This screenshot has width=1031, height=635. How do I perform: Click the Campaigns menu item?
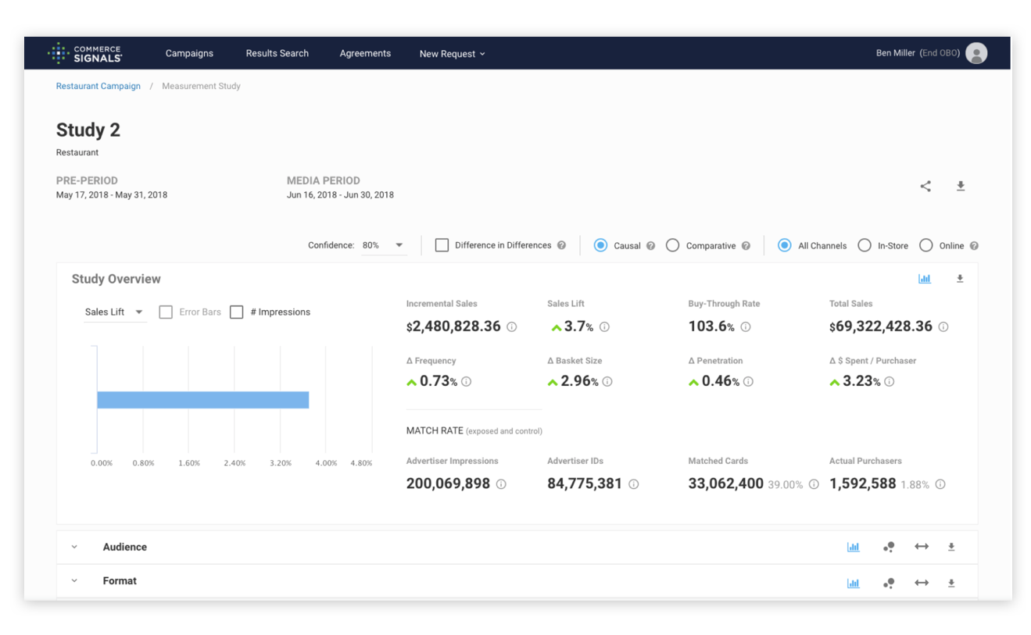pos(189,53)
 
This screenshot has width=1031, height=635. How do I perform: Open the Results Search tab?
pos(277,53)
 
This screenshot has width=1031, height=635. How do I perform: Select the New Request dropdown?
pos(452,54)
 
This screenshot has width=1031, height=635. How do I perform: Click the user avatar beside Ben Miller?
pos(976,53)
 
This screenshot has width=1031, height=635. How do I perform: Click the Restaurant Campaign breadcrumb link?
pos(98,86)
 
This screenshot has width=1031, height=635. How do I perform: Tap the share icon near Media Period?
pos(925,186)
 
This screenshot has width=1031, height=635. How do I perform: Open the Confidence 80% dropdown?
pos(383,245)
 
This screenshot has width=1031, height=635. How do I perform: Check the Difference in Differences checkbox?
pos(442,245)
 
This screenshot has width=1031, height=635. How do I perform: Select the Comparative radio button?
pos(672,245)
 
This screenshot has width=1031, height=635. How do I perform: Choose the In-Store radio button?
pos(865,245)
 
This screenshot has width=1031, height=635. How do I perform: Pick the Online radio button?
pos(926,245)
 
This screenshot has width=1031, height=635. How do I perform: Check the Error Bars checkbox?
pos(166,312)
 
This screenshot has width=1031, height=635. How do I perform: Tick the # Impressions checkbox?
pos(237,312)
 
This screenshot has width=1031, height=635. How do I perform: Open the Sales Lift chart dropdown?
pos(114,312)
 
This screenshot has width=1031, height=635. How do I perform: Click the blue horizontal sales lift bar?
pos(203,400)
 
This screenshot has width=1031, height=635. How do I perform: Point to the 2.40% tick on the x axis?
pos(234,463)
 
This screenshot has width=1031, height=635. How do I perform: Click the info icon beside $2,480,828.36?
pos(511,327)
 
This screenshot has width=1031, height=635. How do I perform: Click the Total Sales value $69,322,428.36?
pos(880,326)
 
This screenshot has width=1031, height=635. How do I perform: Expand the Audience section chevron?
pos(74,548)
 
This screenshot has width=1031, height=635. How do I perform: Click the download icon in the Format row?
pos(951,583)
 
